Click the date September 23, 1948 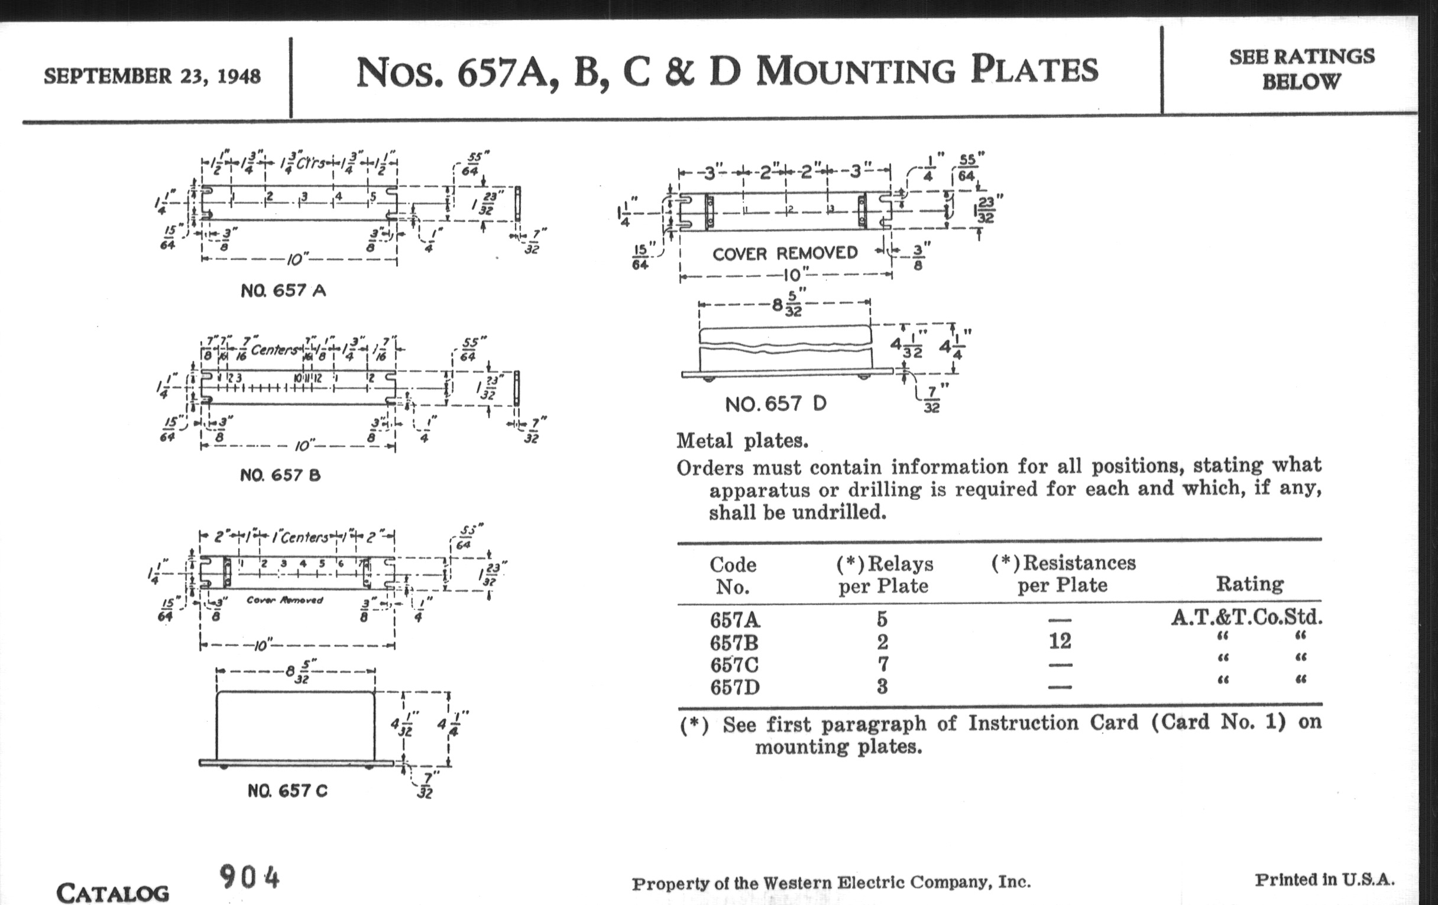tap(152, 76)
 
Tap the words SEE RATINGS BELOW tap(1301, 69)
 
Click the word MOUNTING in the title tap(856, 70)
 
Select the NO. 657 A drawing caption tap(283, 291)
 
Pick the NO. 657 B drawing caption tap(280, 476)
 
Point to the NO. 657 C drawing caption tap(287, 791)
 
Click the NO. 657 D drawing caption tap(776, 405)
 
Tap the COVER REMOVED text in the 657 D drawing tap(785, 254)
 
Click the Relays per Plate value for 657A tap(882, 619)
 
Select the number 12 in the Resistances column tap(1060, 641)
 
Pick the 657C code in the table tap(734, 664)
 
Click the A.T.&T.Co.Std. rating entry tap(1247, 617)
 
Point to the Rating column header tap(1250, 584)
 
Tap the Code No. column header tap(733, 576)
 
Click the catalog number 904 tap(249, 878)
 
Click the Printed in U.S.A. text tap(1324, 880)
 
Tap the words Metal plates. tap(742, 441)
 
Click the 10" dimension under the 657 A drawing tap(297, 260)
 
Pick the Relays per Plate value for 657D tap(882, 686)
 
